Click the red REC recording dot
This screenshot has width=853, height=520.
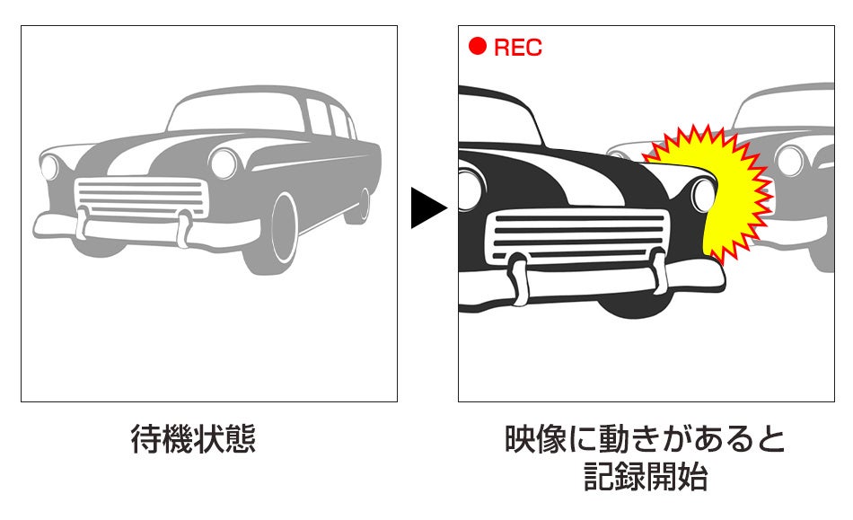[x=478, y=47]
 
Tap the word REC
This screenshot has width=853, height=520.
[x=518, y=48]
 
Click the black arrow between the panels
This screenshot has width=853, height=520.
[x=427, y=208]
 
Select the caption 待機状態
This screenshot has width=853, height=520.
[x=193, y=440]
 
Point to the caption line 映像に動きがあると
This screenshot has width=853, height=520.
[x=646, y=440]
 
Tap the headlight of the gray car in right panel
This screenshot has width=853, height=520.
[x=790, y=160]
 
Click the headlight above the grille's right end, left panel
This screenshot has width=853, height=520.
[x=223, y=163]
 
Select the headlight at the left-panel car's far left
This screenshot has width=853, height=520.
[x=49, y=167]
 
